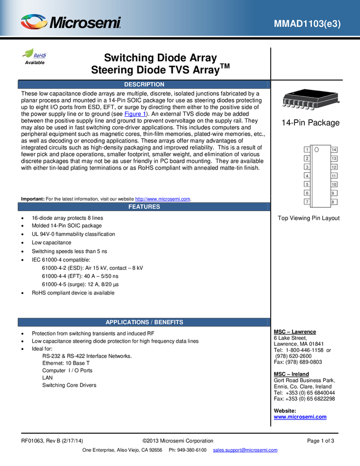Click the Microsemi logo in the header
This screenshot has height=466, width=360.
pos(71,22)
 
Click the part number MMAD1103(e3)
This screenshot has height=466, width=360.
pos(307,24)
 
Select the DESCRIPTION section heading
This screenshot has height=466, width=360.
pos(144,84)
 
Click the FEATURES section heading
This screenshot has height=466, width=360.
pos(144,207)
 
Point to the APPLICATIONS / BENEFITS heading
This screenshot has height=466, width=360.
pos(144,322)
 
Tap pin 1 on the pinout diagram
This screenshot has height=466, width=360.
pos(307,150)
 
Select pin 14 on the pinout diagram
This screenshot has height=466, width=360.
pos(334,150)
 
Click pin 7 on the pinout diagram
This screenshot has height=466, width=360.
pos(307,202)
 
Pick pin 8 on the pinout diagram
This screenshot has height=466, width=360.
pos(334,202)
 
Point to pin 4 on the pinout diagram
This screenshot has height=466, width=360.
pos(307,176)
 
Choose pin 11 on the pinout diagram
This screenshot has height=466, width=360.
pos(334,176)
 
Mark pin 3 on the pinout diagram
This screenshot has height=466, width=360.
pos(307,167)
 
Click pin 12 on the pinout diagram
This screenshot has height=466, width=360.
pos(334,167)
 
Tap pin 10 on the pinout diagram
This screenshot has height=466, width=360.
pos(334,185)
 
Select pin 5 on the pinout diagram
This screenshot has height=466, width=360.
pos(307,185)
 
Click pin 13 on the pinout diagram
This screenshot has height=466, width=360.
pos(334,158)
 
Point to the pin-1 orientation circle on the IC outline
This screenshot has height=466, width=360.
pos(317,150)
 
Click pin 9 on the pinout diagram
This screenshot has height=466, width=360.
pos(334,193)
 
